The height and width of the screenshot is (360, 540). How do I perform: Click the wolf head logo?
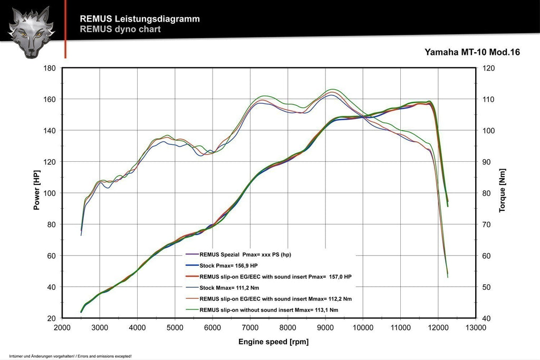tap(31, 32)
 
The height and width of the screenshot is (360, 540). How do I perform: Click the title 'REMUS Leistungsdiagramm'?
tap(139, 19)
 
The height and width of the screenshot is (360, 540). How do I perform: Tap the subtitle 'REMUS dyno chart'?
tap(120, 30)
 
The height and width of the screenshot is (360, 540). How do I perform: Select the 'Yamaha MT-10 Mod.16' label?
tap(472, 53)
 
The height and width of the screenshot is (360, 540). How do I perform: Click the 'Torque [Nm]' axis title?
tap(502, 193)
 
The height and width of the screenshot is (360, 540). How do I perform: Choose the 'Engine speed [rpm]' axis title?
tap(273, 342)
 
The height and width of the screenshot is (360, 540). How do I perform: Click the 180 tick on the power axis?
tap(50, 68)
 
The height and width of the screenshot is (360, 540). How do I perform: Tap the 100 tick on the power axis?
tap(50, 193)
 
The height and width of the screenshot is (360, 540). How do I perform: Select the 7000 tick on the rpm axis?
tap(250, 327)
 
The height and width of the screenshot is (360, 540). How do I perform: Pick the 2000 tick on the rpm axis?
tap(62, 327)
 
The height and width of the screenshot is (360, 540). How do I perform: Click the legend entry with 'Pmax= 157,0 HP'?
tap(275, 277)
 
